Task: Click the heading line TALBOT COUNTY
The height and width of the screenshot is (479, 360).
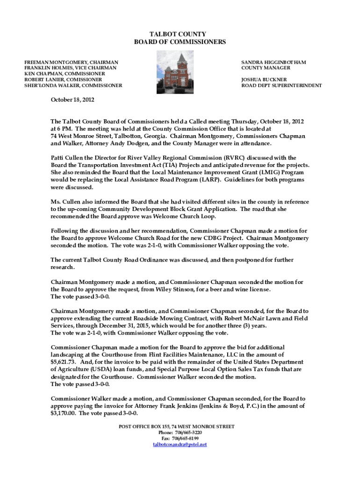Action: pos(180,34)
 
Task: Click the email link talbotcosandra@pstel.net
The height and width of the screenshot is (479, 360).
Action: pos(180,444)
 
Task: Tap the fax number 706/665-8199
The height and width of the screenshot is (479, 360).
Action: pos(186,438)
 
